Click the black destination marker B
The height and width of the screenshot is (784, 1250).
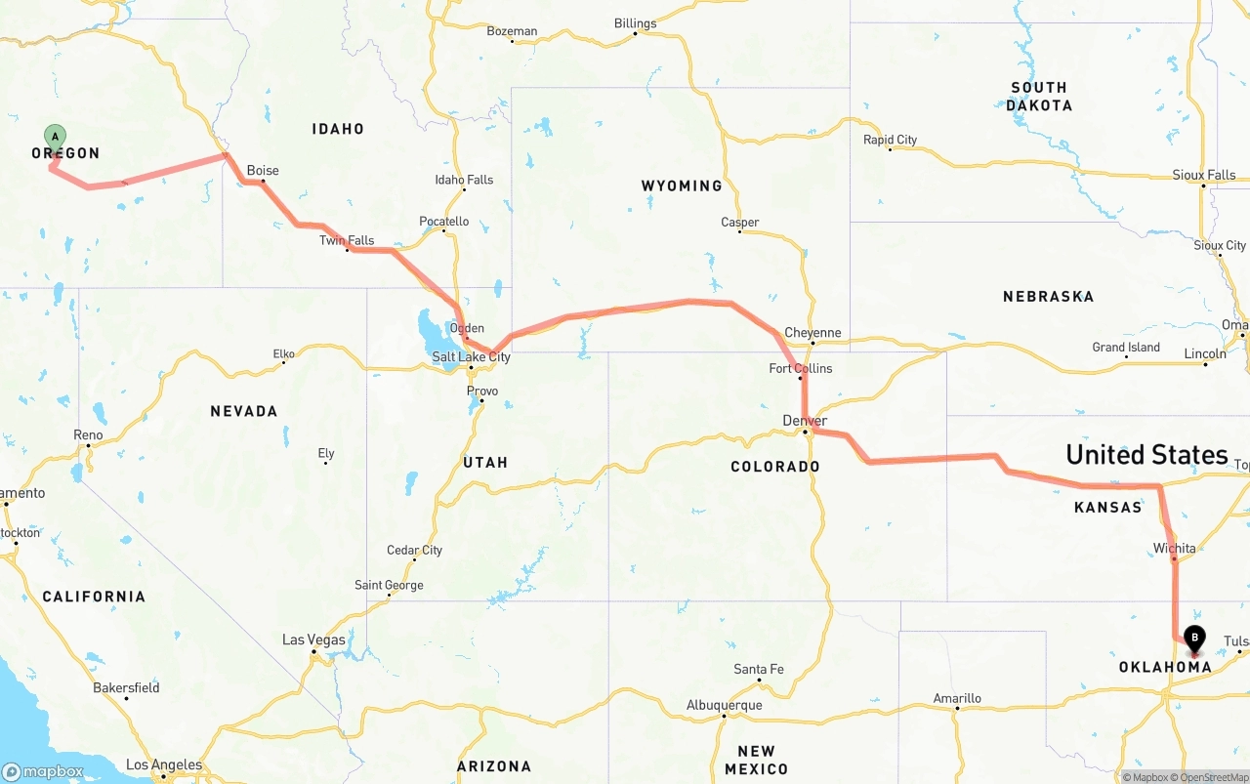tap(1193, 639)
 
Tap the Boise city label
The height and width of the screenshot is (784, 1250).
tap(263, 171)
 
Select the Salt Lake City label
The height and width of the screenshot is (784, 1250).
tap(471, 357)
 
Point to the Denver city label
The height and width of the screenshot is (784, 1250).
tap(805, 421)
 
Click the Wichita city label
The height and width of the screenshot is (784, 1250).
tap(1174, 549)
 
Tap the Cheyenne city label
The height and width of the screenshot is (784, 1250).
tap(812, 333)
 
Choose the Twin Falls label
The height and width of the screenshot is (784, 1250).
tap(347, 240)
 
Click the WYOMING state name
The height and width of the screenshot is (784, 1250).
tap(682, 186)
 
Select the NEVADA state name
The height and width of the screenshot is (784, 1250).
tap(244, 411)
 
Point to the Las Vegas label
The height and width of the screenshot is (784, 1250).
tap(313, 640)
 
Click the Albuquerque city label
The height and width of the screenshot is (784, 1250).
tap(724, 705)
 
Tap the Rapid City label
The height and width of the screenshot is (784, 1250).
tap(890, 140)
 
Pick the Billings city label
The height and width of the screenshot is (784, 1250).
tap(635, 23)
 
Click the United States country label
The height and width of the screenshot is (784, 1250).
tap(1146, 454)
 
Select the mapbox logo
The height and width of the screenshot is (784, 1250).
tap(43, 771)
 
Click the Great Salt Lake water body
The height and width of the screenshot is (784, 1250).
tap(430, 324)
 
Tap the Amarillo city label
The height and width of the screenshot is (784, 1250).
tap(957, 698)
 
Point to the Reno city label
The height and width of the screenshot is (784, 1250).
tap(88, 434)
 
